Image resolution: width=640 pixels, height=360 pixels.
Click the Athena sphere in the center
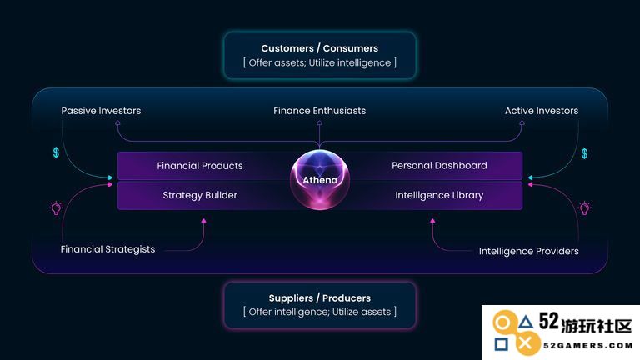click(320, 180)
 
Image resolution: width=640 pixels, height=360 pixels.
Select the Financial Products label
click(200, 166)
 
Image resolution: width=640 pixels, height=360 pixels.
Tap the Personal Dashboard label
click(439, 165)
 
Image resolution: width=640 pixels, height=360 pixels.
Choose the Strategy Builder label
click(200, 195)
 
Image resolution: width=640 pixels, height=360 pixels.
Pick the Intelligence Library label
click(439, 196)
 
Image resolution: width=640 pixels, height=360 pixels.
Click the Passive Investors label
click(101, 111)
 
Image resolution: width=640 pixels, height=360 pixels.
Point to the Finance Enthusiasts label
click(320, 111)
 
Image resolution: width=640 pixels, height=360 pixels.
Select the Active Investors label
click(542, 111)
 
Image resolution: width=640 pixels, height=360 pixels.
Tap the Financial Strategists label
click(107, 249)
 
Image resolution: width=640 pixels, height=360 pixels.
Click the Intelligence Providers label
click(529, 251)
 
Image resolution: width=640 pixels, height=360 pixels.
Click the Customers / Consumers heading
click(320, 48)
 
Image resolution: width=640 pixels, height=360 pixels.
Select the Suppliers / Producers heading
click(320, 298)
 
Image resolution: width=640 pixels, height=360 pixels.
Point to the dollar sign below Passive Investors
click(57, 152)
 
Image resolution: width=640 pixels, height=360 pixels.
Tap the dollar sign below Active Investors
click(584, 153)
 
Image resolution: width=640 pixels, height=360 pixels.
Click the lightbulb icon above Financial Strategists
click(57, 208)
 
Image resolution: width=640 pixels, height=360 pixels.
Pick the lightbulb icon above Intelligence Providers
click(584, 208)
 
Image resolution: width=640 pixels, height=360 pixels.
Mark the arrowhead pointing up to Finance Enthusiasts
click(320, 122)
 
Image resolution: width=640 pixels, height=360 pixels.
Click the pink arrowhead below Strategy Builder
click(203, 221)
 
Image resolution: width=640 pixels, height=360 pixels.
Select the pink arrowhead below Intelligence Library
click(432, 221)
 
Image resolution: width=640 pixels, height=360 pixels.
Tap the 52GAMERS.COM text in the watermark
click(588, 346)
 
